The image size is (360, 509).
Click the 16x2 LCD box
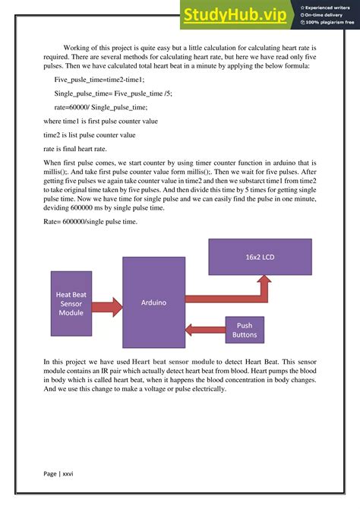coord(260,257)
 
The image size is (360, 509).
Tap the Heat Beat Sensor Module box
coord(71,303)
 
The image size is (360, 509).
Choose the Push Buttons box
coord(245,329)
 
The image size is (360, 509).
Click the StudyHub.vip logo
coord(238,14)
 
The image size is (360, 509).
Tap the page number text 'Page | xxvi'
coord(58,473)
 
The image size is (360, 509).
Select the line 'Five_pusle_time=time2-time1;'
coord(99,79)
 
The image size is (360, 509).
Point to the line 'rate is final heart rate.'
coord(84,149)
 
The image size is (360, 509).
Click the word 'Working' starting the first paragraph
coord(78,47)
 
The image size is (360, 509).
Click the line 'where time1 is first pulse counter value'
coord(100,121)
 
